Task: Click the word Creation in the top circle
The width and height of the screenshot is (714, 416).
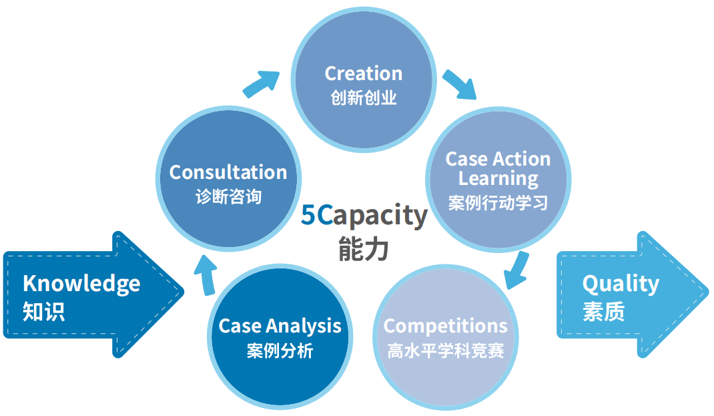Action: [363, 73]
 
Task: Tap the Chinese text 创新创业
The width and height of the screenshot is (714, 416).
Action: [363, 98]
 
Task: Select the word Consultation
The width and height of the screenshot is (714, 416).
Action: [228, 172]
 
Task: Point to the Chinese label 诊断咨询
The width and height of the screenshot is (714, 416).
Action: [228, 197]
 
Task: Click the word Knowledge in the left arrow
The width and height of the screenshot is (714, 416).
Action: [81, 284]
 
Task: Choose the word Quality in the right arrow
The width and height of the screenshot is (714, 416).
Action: [621, 284]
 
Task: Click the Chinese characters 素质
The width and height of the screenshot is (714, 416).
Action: [603, 312]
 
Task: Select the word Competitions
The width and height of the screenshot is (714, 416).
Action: [445, 326]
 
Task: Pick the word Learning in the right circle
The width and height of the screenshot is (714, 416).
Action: [498, 179]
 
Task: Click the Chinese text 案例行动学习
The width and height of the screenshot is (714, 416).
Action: [498, 203]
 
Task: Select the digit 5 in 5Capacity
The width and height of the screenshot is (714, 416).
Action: [308, 216]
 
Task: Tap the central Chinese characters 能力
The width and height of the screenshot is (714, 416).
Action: [363, 248]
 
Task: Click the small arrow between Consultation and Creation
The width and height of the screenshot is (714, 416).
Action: [261, 83]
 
